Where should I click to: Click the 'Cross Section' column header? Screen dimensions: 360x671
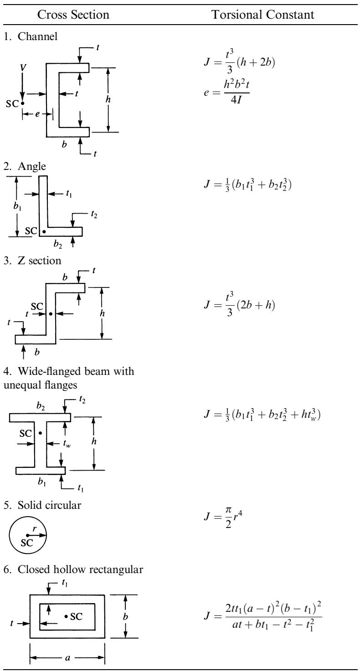click(x=73, y=15)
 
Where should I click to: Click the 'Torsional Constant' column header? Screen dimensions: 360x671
click(x=263, y=15)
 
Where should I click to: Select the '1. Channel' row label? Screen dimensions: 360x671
click(x=30, y=36)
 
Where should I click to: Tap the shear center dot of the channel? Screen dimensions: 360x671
click(x=22, y=103)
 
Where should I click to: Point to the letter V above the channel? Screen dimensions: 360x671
click(x=22, y=68)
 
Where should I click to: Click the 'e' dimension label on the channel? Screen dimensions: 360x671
click(x=37, y=114)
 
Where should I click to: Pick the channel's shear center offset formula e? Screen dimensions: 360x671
click(x=227, y=92)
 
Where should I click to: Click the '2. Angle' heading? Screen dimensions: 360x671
click(x=25, y=166)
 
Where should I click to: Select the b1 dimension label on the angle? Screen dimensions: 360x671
click(x=17, y=206)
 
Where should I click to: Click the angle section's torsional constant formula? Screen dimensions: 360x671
click(x=247, y=184)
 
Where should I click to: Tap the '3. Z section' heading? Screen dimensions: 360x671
click(x=32, y=261)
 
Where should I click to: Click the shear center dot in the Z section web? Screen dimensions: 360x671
click(x=51, y=314)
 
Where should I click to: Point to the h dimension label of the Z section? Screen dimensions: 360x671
click(x=102, y=313)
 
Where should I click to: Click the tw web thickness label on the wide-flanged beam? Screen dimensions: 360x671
click(x=67, y=444)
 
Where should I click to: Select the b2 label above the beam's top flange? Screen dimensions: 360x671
click(x=41, y=406)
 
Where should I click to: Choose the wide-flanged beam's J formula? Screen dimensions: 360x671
click(x=262, y=414)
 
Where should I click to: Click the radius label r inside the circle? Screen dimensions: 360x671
click(x=35, y=529)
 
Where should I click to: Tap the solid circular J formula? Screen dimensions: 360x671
click(x=223, y=517)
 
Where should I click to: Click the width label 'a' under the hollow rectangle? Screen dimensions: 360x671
click(x=67, y=657)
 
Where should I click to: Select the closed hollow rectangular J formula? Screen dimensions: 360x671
click(x=263, y=615)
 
